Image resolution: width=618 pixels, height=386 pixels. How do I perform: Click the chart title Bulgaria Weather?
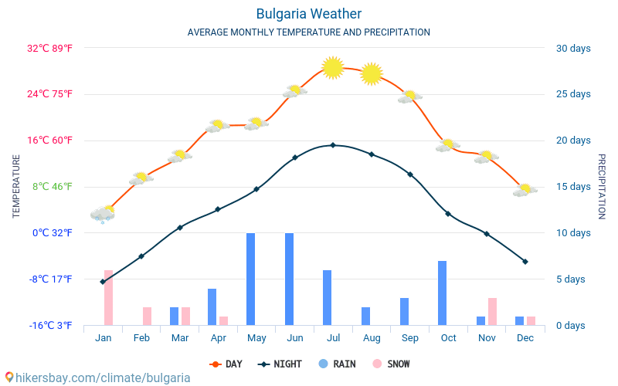coord(308,14)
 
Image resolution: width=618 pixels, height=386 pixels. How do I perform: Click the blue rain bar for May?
coord(251,279)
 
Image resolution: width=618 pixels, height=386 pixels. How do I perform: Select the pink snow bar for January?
coord(108,298)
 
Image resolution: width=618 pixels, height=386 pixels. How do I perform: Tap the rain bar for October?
coord(443,293)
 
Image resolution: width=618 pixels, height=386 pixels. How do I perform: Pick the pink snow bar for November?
coord(492,311)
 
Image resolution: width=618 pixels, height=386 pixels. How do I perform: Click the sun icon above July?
coord(332,68)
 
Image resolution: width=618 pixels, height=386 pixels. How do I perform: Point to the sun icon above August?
coord(372,73)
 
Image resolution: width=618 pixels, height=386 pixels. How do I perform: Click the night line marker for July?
coord(333,145)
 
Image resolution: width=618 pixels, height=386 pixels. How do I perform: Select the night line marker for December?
coord(525,262)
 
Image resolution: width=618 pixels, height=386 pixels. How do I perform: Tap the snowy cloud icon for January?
coord(103,214)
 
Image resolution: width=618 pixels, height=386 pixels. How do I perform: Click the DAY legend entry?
coord(226,364)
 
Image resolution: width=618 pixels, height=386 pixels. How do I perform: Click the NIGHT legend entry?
coord(280,364)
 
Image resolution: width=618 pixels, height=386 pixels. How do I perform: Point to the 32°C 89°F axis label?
coord(49,49)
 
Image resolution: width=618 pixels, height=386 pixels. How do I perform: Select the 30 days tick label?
coord(573,49)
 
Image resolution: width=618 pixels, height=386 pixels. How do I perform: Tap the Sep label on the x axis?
coord(410,338)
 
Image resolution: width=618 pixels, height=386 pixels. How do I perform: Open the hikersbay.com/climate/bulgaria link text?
coord(97,378)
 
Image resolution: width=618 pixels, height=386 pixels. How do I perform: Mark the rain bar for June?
coord(290,279)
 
